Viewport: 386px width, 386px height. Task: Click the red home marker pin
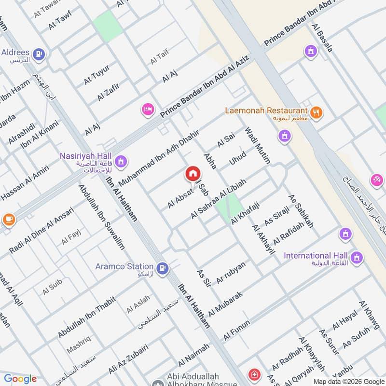pos(192,174)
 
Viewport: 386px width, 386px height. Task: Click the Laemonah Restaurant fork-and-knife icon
pos(317,112)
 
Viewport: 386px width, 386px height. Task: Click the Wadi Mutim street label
pos(258,145)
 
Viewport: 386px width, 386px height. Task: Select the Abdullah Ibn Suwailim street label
pos(101,217)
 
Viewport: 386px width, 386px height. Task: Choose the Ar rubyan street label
pos(232,273)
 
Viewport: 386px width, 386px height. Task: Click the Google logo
pos(20,379)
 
